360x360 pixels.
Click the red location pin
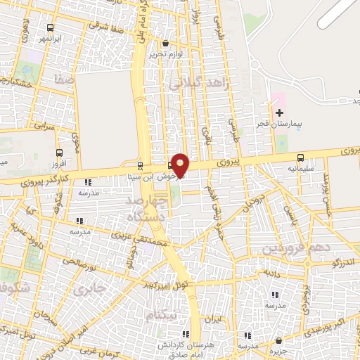point(181,165)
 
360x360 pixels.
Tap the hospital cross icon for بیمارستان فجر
point(280,112)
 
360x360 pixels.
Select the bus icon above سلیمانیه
point(301,157)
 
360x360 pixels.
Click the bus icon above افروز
point(59,150)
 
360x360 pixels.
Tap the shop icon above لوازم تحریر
point(165,42)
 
